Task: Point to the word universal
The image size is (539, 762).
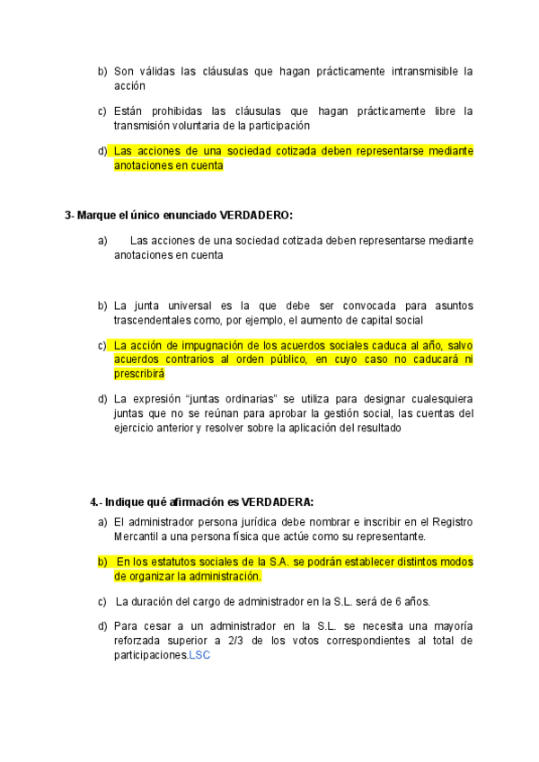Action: pos(183,306)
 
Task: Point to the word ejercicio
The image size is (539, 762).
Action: pos(136,428)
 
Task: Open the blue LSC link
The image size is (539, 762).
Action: pos(199,656)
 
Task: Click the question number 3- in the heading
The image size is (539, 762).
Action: pos(70,216)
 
